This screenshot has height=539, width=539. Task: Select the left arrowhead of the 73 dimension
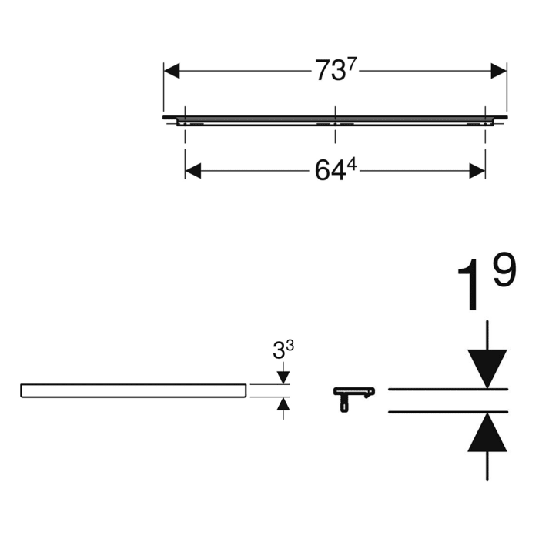(172, 72)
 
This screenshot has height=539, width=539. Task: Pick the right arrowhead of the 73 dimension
(498, 72)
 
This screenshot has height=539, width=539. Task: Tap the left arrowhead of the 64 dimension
(193, 171)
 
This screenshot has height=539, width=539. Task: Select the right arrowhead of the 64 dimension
(477, 171)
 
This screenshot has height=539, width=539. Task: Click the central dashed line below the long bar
(335, 134)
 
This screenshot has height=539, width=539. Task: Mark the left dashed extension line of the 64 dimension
(186, 142)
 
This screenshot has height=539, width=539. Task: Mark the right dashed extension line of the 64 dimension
(485, 142)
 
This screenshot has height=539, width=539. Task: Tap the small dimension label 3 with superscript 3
(283, 350)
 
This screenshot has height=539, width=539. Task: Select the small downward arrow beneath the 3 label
(283, 377)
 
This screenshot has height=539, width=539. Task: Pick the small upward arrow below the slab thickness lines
(283, 404)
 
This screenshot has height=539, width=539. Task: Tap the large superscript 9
(504, 271)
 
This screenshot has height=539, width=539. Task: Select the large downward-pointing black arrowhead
(487, 367)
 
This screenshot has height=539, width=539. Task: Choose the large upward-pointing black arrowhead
(487, 433)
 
